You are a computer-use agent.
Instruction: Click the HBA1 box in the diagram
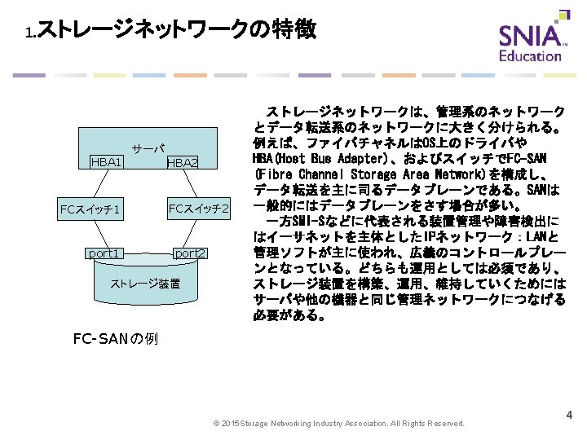[x=106, y=162]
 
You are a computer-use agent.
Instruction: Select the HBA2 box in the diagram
[x=182, y=162]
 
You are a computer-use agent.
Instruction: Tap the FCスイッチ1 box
[x=90, y=210]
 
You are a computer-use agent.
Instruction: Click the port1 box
[x=104, y=253]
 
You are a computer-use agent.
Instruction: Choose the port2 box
[x=191, y=253]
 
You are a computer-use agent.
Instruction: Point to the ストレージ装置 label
[x=145, y=284]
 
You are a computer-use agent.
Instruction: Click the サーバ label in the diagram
[x=149, y=149]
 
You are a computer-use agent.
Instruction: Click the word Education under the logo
[x=530, y=56]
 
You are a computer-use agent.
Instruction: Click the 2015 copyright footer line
[x=338, y=424]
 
